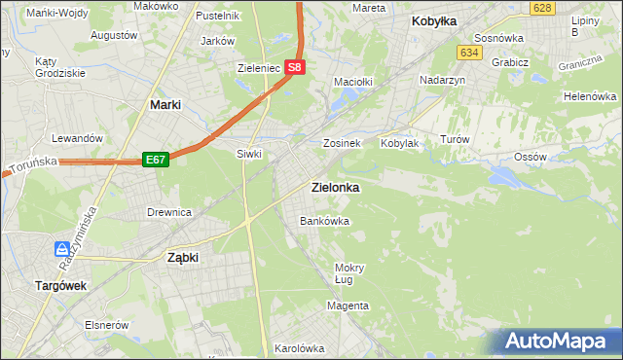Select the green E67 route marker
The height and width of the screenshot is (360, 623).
(x=155, y=159)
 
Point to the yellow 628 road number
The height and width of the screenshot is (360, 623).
(x=543, y=8)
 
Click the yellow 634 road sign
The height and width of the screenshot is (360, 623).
(x=470, y=53)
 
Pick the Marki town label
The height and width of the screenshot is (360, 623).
(x=168, y=103)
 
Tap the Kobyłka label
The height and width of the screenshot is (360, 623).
(x=434, y=20)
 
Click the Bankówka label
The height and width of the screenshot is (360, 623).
(x=324, y=221)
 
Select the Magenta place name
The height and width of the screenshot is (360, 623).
(x=348, y=306)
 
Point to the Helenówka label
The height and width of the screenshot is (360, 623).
(x=590, y=97)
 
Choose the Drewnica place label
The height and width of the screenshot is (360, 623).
(x=168, y=211)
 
